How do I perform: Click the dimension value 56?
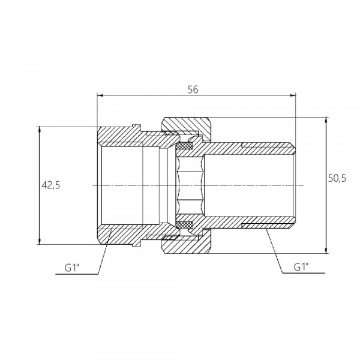coord(193,89)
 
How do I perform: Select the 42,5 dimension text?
coord(51,185)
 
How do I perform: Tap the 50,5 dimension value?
coord(337,178)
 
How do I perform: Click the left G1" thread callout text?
coord(72,268)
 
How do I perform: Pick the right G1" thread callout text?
coord(301,267)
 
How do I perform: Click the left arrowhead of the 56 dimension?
coord(100,95)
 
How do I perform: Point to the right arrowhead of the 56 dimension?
coord(293,95)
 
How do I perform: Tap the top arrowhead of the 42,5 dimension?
coord(40,129)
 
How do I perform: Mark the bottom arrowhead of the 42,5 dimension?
coord(40,241)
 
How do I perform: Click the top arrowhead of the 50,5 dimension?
coord(326,120)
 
